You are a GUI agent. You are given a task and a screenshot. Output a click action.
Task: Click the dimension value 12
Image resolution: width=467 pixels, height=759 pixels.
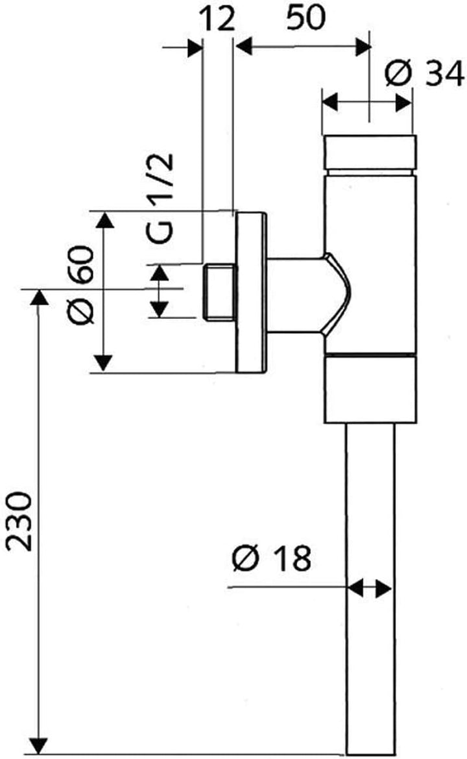[217, 19]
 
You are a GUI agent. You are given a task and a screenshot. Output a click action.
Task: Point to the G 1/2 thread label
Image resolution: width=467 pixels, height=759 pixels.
[160, 197]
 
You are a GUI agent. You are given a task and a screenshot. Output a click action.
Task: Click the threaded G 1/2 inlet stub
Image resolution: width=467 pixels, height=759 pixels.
[219, 292]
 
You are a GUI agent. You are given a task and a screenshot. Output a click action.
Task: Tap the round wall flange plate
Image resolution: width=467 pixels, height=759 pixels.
[251, 292]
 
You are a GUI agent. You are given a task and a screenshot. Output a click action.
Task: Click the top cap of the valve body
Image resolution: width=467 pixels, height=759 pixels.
[369, 153]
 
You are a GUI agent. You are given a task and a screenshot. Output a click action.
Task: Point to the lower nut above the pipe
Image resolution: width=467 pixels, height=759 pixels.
[369, 390]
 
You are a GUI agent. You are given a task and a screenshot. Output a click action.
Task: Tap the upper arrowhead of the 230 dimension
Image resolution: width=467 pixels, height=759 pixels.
[39, 297]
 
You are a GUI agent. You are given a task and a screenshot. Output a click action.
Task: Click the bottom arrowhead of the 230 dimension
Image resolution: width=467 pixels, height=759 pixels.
[39, 746]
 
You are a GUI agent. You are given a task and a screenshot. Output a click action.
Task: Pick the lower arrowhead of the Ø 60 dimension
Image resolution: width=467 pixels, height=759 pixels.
[103, 364]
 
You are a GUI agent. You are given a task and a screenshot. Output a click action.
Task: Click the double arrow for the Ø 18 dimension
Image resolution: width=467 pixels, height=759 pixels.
[370, 588]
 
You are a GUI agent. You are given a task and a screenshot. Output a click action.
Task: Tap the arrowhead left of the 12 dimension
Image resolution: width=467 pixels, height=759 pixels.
[195, 47]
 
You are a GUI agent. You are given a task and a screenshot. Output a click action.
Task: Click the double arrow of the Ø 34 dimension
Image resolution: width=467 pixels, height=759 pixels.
[367, 102]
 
